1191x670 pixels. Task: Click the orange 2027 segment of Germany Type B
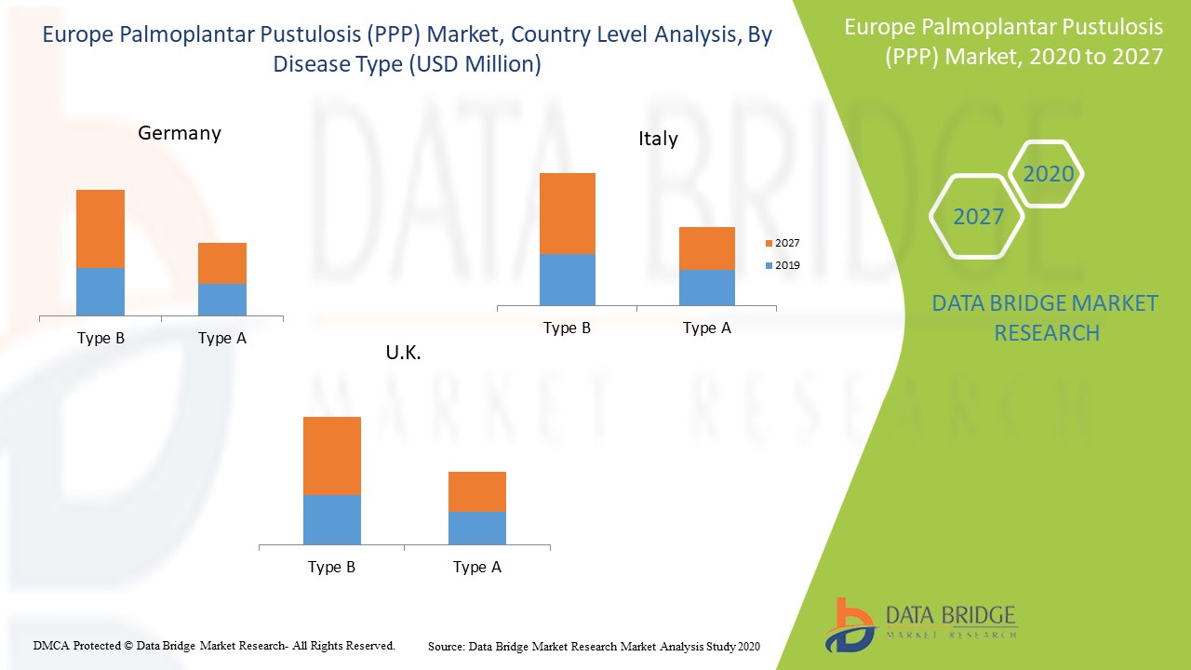(x=100, y=229)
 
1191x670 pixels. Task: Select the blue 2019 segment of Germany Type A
(x=221, y=300)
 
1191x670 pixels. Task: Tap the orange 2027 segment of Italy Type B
(x=568, y=213)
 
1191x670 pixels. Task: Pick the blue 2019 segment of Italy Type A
(x=707, y=288)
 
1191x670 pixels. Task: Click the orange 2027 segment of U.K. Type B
(x=332, y=456)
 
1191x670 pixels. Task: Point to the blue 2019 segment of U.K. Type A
(x=477, y=528)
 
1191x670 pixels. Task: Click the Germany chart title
(x=180, y=133)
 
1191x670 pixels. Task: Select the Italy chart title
(x=658, y=139)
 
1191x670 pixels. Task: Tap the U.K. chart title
(x=404, y=353)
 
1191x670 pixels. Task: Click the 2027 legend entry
(x=782, y=244)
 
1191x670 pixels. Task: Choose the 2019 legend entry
(x=782, y=266)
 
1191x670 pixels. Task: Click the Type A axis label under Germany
(x=222, y=339)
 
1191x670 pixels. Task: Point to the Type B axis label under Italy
(x=568, y=328)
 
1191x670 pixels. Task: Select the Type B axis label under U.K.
(x=332, y=568)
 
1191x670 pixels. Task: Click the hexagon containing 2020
(x=1048, y=174)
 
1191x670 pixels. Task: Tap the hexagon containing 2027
(x=978, y=217)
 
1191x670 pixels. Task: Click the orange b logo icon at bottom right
(x=849, y=623)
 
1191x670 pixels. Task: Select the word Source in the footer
(x=446, y=646)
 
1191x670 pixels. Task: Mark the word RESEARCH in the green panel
(x=1047, y=332)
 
